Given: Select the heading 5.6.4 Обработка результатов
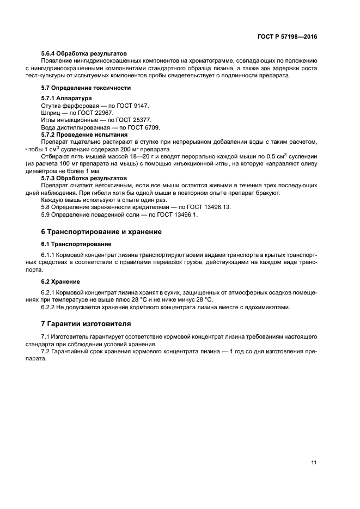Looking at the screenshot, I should pos(84,54).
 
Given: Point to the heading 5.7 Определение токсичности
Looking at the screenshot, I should pos(86,88).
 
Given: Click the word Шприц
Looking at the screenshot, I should pos(51,113).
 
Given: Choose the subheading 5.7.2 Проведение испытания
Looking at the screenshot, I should pos(84,134).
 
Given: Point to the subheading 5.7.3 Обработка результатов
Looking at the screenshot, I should pos(84,178).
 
